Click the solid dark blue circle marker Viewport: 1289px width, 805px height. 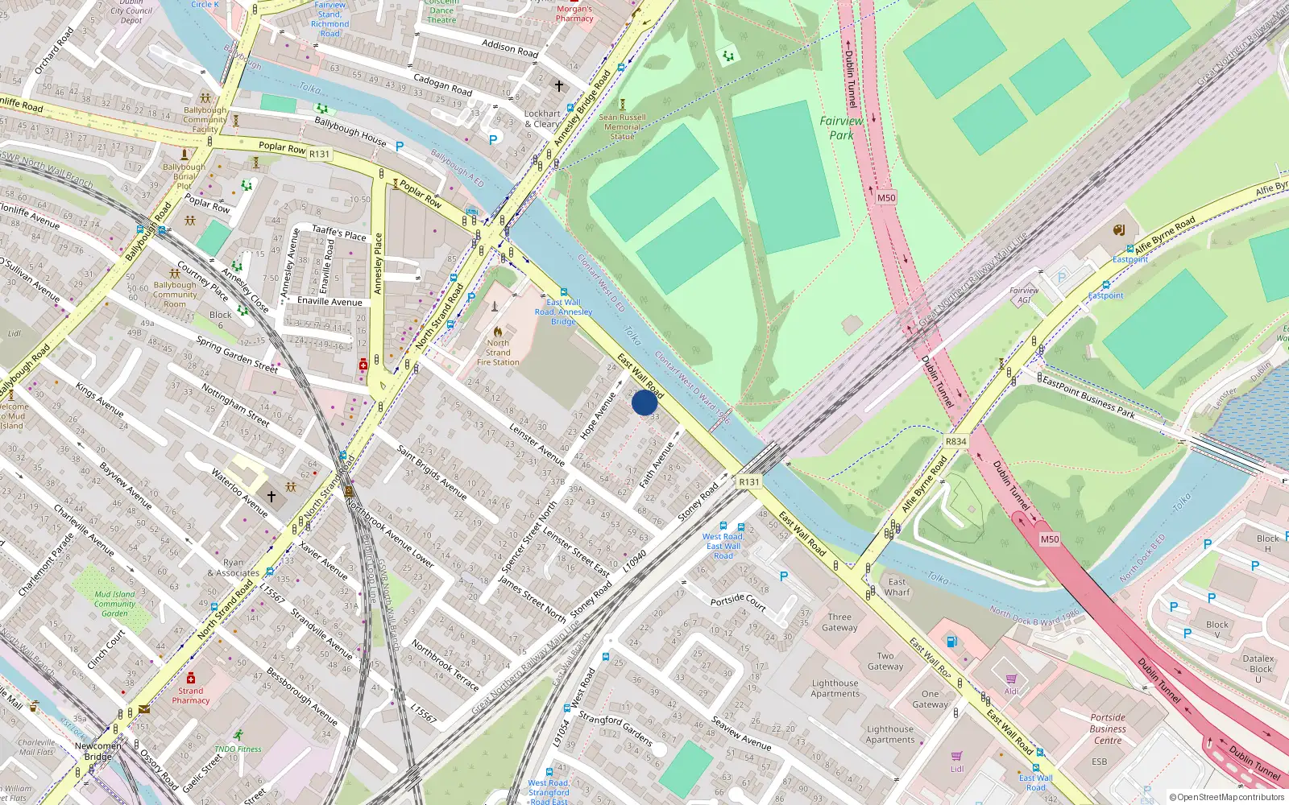point(644,402)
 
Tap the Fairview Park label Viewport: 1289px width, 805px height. point(841,128)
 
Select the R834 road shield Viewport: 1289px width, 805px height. point(956,441)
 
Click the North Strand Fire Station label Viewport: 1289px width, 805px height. point(498,353)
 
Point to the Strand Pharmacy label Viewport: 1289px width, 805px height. point(191,696)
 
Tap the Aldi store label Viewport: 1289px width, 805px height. point(1011,691)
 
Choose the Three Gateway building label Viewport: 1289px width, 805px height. point(839,622)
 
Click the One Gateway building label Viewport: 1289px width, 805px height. point(930,699)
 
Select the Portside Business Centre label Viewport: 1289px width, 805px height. point(1108,729)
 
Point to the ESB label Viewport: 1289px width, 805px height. point(1100,762)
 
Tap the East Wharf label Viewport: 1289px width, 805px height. point(897,587)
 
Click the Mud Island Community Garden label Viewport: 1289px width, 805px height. point(114,604)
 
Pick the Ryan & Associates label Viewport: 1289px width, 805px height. point(233,568)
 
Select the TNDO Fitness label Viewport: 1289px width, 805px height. point(238,749)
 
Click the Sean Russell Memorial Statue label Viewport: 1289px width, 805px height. point(622,127)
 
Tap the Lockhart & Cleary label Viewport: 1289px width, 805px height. point(542,119)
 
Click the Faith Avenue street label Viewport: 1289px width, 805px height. point(656,464)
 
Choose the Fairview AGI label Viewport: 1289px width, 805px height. point(1024,295)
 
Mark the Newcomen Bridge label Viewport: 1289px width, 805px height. point(98,751)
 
